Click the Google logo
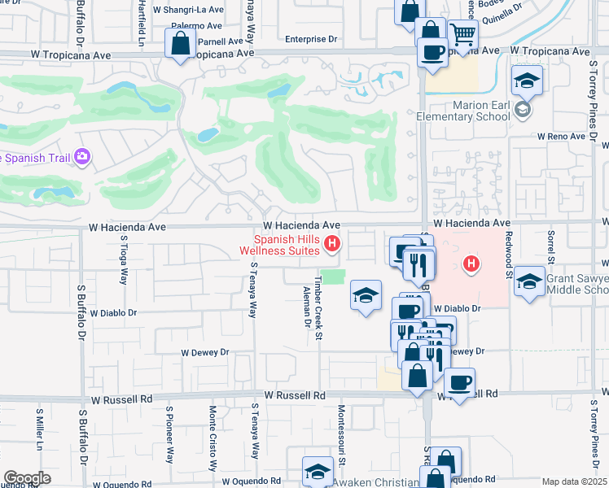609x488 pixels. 28,477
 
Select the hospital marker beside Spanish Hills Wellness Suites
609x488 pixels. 331,243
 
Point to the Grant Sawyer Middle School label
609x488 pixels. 577,284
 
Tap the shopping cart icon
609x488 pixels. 462,35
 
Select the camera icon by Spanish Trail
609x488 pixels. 82,156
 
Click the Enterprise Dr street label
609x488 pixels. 311,39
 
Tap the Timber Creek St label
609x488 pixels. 320,295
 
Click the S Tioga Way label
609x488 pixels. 125,259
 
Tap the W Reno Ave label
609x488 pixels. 560,137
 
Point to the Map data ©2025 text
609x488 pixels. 575,481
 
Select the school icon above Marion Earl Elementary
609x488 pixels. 527,81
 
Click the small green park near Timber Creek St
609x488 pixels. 331,277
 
